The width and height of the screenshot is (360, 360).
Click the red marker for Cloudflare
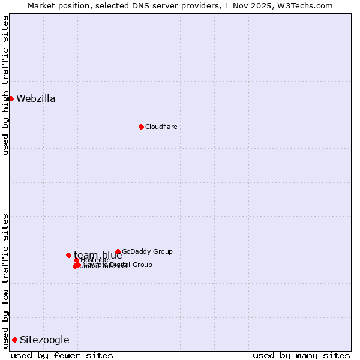coord(141,127)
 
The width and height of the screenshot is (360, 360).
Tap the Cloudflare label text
coord(161,127)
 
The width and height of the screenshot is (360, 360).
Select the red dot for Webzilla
coord(11,98)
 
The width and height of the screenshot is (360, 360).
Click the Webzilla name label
coord(36,99)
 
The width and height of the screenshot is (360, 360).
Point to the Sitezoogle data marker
coord(14,340)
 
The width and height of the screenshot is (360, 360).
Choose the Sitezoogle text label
coord(44,340)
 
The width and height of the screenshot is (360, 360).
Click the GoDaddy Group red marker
coord(118,252)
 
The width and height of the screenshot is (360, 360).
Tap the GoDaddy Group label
coord(147,252)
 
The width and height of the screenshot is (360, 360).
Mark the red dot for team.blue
coord(68,255)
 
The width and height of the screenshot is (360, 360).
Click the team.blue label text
coord(98,256)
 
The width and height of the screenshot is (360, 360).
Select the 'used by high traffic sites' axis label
coord(5,85)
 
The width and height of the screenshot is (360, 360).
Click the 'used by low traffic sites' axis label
coord(5,281)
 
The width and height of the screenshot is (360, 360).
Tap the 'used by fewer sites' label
coord(62,355)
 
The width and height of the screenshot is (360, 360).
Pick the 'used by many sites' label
coord(301,355)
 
